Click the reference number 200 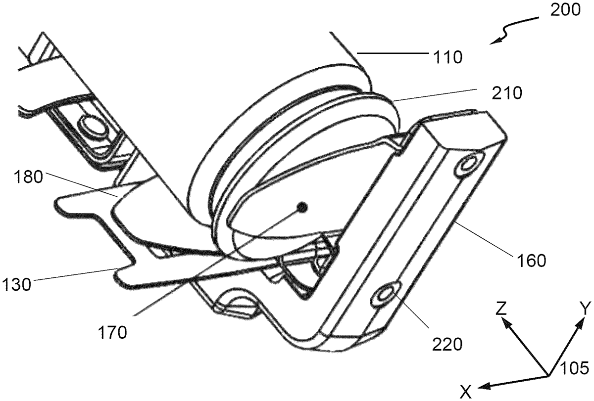565,10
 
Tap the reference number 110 447,57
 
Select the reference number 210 507,93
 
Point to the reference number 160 531,261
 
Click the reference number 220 447,345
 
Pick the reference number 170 112,332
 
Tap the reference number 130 16,285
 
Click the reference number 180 28,177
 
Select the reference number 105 574,368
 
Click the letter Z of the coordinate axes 501,309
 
